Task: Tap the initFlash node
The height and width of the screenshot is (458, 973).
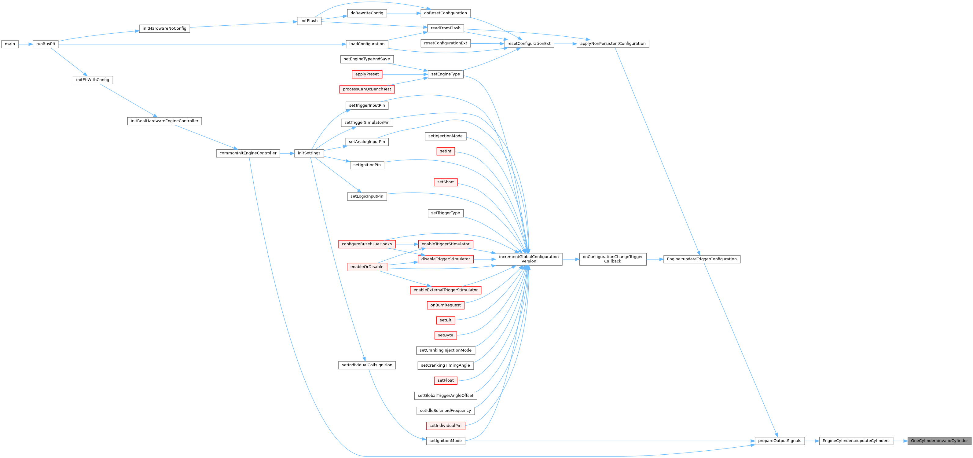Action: [309, 21]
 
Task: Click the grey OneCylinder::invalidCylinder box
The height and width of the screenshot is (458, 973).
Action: [939, 441]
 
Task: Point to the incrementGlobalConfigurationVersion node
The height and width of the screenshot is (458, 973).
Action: [528, 259]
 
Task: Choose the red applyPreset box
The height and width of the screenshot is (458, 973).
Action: [367, 74]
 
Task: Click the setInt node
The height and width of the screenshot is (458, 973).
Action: [445, 151]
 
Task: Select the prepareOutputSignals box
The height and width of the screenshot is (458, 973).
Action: [779, 441]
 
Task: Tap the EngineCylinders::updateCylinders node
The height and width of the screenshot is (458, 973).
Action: [856, 441]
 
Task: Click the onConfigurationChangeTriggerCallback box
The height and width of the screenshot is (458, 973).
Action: [612, 259]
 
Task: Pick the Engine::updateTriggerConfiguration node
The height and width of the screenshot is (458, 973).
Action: [701, 259]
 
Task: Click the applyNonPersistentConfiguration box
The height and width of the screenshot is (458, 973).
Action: [612, 44]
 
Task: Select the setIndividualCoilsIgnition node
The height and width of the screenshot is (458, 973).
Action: [367, 365]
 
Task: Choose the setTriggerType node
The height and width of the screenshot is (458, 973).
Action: [445, 213]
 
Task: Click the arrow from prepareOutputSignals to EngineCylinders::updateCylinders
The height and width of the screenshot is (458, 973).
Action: [811, 441]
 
